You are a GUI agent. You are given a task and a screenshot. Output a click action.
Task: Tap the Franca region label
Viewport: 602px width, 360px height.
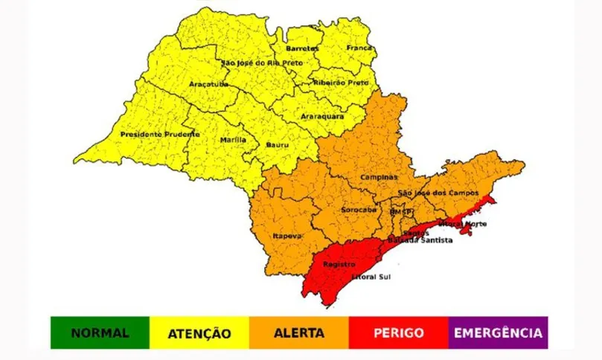click(359, 48)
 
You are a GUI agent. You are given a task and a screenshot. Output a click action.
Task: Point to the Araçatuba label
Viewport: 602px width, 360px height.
click(208, 84)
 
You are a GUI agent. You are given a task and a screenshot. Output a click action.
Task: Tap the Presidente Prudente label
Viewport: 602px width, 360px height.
click(159, 135)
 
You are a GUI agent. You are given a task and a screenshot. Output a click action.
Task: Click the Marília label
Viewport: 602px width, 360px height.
click(233, 140)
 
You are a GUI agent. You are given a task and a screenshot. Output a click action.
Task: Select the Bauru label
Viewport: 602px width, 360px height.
click(278, 144)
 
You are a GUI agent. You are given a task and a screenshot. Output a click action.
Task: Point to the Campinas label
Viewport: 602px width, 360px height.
click(379, 178)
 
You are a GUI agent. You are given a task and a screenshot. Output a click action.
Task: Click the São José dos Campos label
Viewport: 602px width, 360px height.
click(434, 193)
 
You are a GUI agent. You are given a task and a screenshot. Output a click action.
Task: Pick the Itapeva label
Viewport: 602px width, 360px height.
click(286, 236)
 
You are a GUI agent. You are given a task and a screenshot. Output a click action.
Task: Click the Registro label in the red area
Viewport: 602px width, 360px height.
click(338, 264)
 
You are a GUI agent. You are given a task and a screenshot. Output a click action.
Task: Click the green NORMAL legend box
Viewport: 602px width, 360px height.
click(100, 333)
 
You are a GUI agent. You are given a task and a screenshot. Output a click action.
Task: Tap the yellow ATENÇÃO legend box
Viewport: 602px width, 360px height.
click(199, 333)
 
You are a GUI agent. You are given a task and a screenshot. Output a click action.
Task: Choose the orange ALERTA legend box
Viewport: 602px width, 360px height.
click(298, 333)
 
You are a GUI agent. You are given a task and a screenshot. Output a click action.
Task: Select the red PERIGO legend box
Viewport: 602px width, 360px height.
click(398, 333)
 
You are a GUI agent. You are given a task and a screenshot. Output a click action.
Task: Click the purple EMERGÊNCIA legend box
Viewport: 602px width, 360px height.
click(499, 333)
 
